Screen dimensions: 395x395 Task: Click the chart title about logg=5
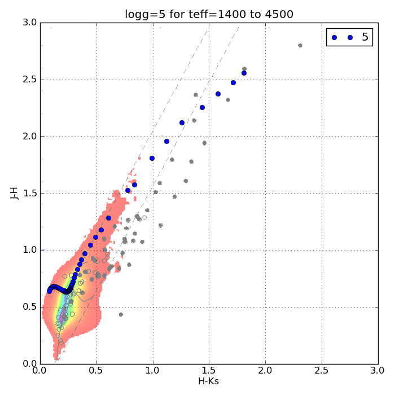pyautogui.click(x=209, y=14)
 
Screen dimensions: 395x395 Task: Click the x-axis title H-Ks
pyautogui.click(x=209, y=381)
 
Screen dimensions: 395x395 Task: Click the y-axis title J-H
pyautogui.click(x=15, y=193)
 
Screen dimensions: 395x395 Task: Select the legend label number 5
pyautogui.click(x=365, y=37)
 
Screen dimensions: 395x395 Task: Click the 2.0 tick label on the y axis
pyautogui.click(x=30, y=136)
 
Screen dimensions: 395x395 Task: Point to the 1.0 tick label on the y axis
pyautogui.click(x=30, y=250)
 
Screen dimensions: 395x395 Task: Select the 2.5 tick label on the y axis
pyautogui.click(x=30, y=79)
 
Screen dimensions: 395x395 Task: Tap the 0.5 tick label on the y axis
pyautogui.click(x=30, y=307)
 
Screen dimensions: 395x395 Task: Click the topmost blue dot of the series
pyautogui.click(x=244, y=73)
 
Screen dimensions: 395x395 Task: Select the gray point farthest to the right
pyautogui.click(x=300, y=45)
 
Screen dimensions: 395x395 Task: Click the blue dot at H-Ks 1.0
pyautogui.click(x=152, y=158)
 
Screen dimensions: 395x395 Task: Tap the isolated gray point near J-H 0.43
pyautogui.click(x=121, y=314)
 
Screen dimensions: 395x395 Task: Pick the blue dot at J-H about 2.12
pyautogui.click(x=182, y=122)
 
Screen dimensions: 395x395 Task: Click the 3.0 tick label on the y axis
pyautogui.click(x=30, y=23)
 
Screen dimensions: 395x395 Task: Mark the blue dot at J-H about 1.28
pyautogui.click(x=108, y=218)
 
